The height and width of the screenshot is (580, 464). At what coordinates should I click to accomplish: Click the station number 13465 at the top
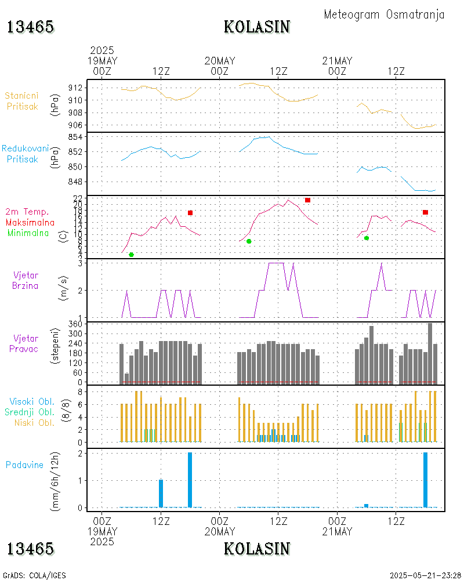(x=31, y=27)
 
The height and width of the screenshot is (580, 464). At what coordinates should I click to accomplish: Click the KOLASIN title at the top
(x=257, y=27)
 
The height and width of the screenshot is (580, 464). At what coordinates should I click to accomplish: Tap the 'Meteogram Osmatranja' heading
(x=384, y=14)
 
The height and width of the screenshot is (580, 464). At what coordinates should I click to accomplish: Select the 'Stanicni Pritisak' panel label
(x=22, y=100)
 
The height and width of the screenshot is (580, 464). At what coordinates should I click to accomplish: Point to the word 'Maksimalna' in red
(x=30, y=223)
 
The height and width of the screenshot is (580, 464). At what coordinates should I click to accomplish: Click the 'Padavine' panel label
(x=24, y=465)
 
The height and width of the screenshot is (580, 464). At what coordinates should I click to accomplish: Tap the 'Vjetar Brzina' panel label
(x=26, y=280)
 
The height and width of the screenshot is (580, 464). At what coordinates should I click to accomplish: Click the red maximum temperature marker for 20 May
(x=307, y=200)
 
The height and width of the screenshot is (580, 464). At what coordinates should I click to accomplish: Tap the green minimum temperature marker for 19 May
(x=131, y=255)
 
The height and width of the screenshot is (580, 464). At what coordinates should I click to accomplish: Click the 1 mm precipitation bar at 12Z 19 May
(x=161, y=494)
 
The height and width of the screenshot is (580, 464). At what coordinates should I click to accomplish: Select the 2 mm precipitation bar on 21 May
(x=426, y=480)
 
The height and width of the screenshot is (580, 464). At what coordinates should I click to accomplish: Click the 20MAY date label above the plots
(x=220, y=61)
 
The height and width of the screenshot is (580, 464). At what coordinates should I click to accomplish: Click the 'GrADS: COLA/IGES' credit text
(x=34, y=575)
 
